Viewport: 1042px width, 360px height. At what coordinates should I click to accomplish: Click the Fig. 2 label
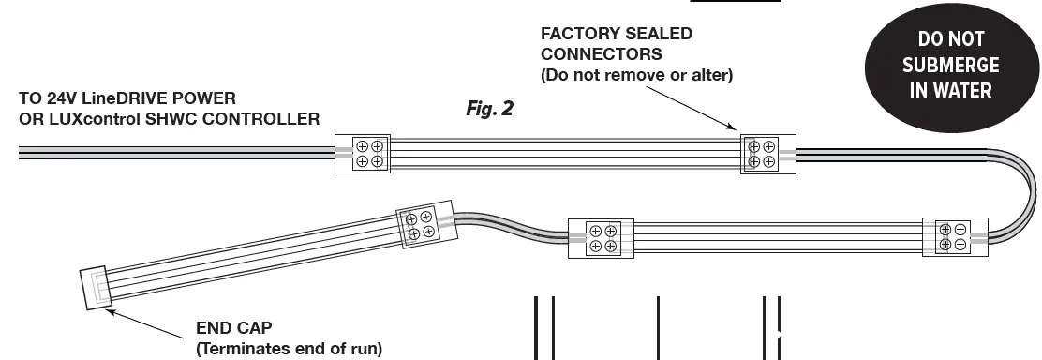(489, 109)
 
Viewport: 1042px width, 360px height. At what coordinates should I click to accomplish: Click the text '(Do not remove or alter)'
(636, 74)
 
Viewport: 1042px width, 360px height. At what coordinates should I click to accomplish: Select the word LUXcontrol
(87, 118)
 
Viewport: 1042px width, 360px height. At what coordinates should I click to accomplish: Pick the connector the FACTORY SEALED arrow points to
(767, 154)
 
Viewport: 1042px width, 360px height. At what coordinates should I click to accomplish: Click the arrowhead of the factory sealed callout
(737, 130)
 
